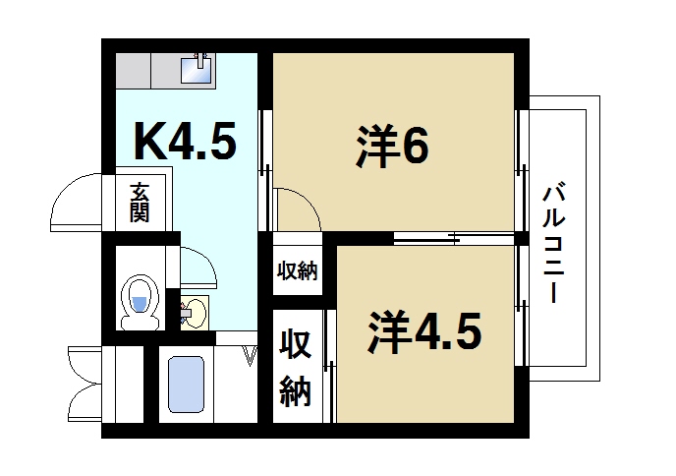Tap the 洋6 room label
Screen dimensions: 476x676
[391, 148]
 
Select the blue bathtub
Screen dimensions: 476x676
[186, 385]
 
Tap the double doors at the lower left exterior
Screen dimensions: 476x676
[83, 383]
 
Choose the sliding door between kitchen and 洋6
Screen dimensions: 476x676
[264, 157]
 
